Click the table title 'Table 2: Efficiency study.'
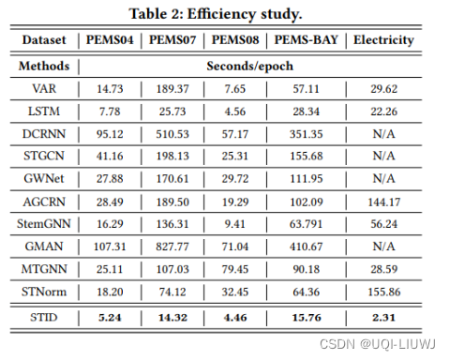pos(225,14)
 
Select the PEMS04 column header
pos(111,40)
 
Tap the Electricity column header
pos(382,40)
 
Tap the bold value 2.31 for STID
pos(382,317)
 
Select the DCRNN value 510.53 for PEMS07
pos(171,133)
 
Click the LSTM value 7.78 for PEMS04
pos(111,112)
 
